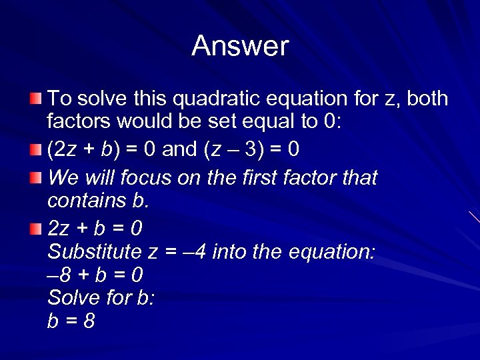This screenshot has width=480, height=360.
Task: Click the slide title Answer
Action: point(240,46)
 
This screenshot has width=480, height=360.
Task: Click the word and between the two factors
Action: point(179,149)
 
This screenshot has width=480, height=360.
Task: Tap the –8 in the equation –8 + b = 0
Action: point(58,275)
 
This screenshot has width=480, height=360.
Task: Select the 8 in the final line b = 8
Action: point(89,321)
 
